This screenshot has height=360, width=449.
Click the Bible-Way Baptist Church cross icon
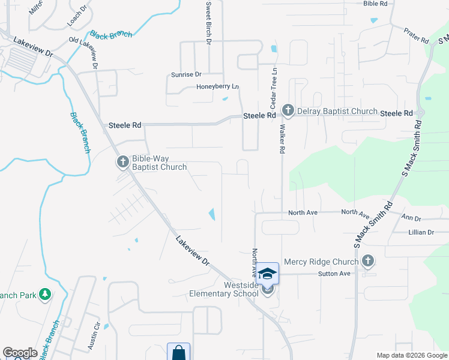(122, 161)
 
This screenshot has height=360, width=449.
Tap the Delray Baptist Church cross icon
(288, 110)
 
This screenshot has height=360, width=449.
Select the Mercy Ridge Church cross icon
(368, 261)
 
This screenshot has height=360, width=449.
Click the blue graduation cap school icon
(267, 274)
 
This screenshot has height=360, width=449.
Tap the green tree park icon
(44, 294)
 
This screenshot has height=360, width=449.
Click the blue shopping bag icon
(179, 353)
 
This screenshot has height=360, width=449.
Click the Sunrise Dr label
(186, 74)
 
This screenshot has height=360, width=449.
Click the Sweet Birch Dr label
(209, 23)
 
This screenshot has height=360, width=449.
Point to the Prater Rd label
(416, 35)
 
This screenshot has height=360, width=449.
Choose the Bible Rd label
(375, 4)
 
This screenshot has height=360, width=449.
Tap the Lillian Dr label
(421, 232)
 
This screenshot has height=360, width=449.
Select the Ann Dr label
(411, 218)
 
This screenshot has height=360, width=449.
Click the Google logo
(20, 353)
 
